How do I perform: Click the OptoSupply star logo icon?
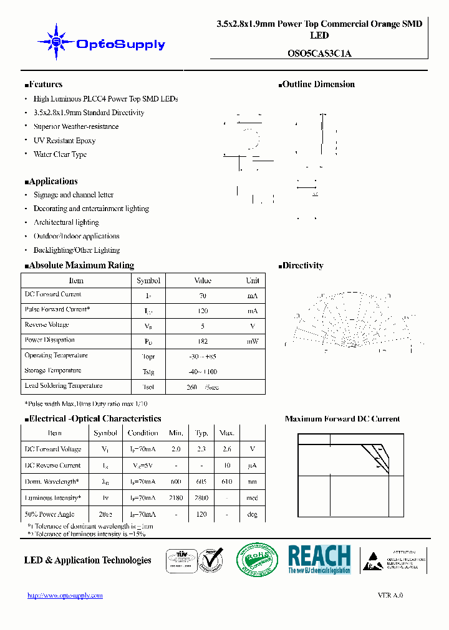click(56, 42)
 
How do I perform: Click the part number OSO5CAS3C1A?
click(319, 53)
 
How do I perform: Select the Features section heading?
click(44, 85)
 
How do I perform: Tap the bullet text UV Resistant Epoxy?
click(64, 141)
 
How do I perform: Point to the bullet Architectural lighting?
click(66, 222)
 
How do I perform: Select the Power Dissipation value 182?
click(203, 341)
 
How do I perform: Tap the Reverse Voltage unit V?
click(253, 326)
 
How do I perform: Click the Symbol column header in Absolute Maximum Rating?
click(148, 281)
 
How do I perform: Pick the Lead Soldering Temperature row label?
click(63, 386)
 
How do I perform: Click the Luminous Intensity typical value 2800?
click(201, 498)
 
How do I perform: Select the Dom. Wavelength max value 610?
click(226, 482)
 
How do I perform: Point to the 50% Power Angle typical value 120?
click(201, 514)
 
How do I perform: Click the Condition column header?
click(143, 433)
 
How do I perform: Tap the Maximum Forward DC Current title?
click(342, 419)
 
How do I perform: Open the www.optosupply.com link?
click(65, 596)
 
